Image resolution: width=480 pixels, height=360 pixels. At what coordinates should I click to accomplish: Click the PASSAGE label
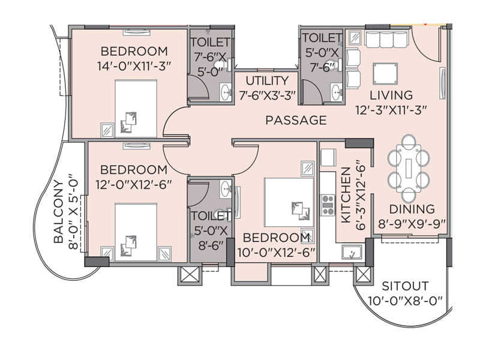[x=296, y=121]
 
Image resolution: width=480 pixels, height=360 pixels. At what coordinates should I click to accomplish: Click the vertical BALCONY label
[x=59, y=211]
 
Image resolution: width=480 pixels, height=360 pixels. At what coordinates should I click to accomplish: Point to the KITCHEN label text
[x=346, y=195]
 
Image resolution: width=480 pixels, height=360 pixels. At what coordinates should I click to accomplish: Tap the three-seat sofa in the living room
[x=386, y=39]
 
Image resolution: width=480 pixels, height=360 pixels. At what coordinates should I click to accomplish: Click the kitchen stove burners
[x=328, y=205]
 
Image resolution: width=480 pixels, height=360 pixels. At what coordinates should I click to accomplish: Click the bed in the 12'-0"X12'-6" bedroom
[x=136, y=233]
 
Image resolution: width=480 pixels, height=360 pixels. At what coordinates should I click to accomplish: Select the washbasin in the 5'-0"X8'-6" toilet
[x=225, y=188]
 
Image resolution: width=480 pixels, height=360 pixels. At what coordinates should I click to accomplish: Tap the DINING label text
[x=412, y=209]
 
